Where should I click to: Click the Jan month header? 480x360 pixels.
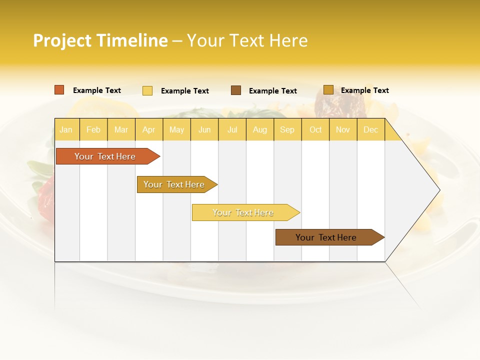[66, 129]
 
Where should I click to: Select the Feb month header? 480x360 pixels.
[93, 129]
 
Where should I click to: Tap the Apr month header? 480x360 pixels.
[148, 129]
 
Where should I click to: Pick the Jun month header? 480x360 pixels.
[204, 129]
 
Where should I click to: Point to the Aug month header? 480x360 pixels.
[259, 129]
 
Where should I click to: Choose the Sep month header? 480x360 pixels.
[287, 129]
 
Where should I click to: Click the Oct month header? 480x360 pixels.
[315, 129]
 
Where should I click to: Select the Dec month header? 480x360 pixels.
[370, 129]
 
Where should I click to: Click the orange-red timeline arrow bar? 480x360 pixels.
[105, 156]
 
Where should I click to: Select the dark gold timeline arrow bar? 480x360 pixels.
[174, 184]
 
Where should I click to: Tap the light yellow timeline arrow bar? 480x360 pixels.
[243, 212]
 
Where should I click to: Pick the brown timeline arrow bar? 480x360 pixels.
[326, 237]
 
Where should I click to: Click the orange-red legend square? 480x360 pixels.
[59, 90]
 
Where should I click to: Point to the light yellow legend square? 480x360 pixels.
[147, 90]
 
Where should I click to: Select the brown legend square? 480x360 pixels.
[236, 90]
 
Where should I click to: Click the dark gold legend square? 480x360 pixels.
[328, 90]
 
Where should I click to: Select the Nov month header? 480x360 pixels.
[343, 129]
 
